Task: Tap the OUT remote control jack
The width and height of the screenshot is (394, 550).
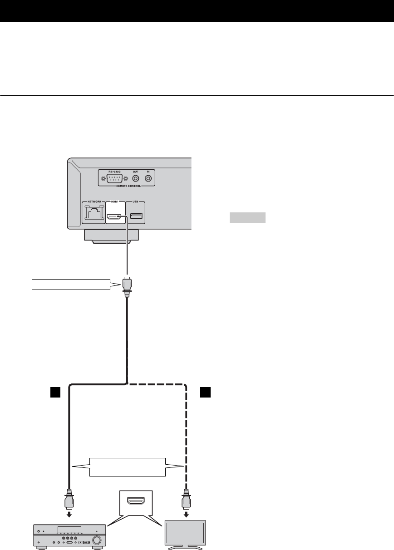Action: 135,178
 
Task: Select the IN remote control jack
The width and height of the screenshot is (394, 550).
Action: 148,178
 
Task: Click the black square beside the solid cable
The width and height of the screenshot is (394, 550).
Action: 54,391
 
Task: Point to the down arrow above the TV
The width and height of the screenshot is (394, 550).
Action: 186,515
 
